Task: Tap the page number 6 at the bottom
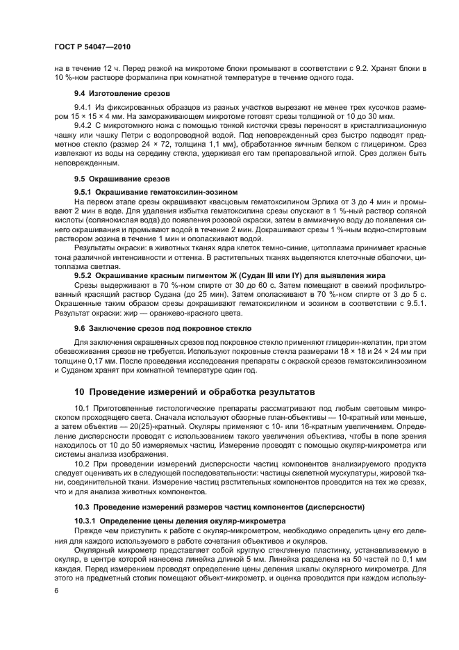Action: pyautogui.click(x=56, y=590)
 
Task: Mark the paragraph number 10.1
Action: pyautogui.click(x=81, y=408)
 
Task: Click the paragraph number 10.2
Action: pyautogui.click(x=81, y=462)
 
